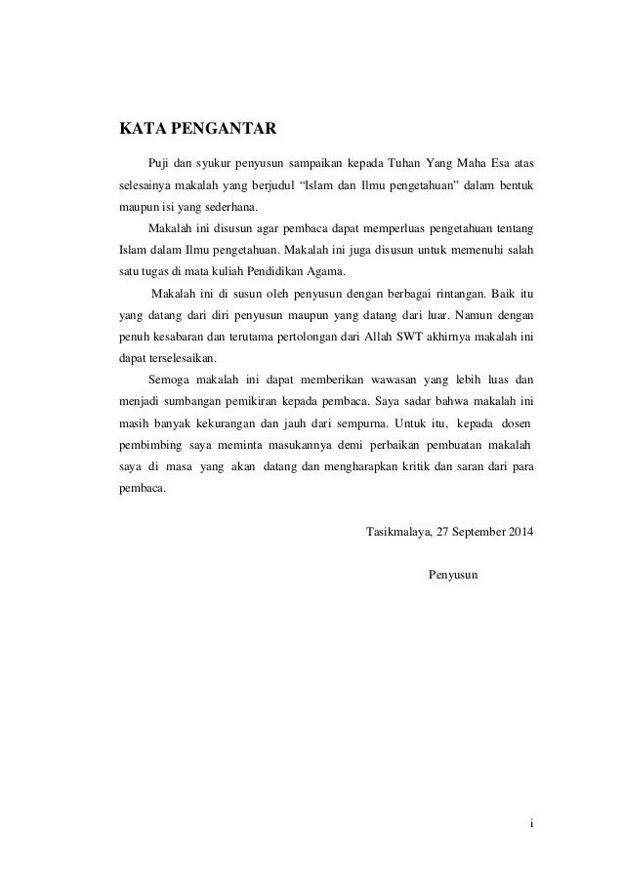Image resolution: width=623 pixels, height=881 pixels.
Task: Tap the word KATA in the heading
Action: tap(141, 128)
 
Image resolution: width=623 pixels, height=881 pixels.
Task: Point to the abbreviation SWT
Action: tap(403, 335)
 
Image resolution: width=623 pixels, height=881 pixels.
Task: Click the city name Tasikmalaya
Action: tap(398, 534)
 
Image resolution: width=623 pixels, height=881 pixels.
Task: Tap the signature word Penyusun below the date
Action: tap(452, 576)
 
